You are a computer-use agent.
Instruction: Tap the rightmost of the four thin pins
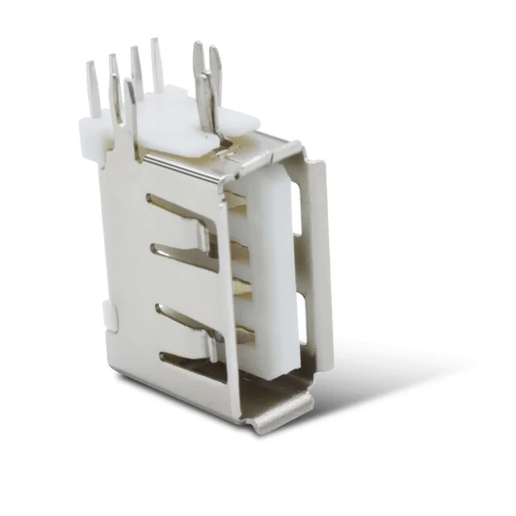click(x=156, y=64)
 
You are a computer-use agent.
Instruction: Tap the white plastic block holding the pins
click(x=173, y=121)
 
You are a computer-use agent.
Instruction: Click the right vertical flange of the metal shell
click(x=321, y=266)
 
